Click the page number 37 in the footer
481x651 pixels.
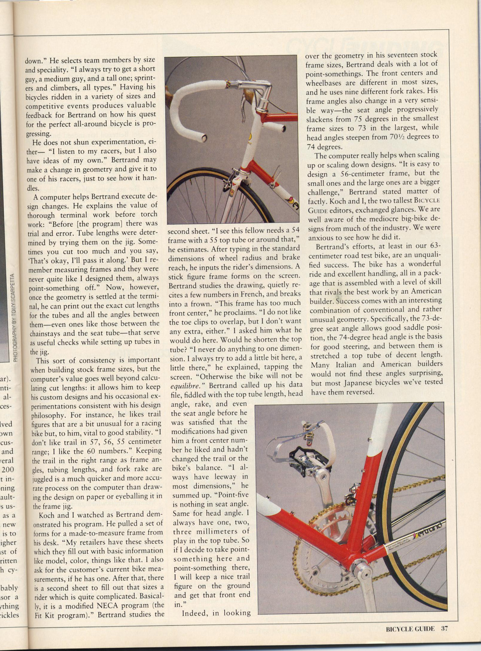pos(444,629)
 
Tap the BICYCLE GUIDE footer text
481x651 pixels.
pos(410,629)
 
